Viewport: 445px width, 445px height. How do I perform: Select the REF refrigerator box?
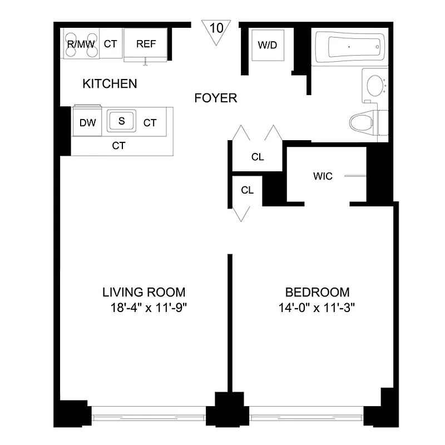(146, 43)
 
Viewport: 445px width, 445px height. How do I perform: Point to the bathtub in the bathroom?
(349, 47)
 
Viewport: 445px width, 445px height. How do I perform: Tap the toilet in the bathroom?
(367, 122)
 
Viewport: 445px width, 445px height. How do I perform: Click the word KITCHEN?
(110, 84)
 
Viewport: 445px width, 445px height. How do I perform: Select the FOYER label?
(216, 98)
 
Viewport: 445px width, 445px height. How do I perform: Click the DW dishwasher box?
(87, 123)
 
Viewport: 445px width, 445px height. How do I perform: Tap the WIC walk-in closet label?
(323, 176)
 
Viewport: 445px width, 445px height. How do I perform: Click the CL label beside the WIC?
(257, 157)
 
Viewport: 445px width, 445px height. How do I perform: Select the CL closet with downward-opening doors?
(247, 190)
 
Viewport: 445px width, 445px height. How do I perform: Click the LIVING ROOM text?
(144, 292)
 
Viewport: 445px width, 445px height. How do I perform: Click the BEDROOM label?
(317, 292)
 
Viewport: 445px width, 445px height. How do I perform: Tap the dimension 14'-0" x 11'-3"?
(318, 308)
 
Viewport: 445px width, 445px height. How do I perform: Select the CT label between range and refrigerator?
(110, 43)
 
